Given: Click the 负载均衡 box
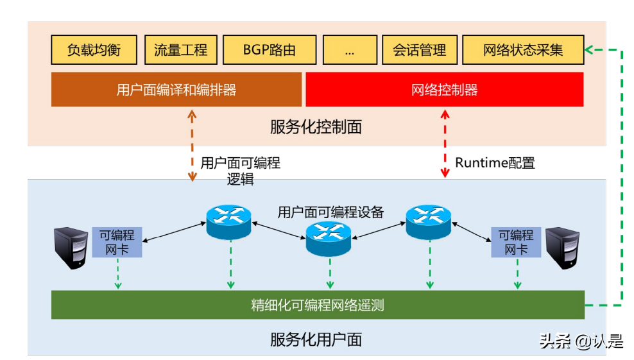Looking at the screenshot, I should [94, 49].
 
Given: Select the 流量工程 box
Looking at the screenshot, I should [180, 49].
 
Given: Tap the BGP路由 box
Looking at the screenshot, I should [270, 49].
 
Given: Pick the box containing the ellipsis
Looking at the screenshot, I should [349, 49].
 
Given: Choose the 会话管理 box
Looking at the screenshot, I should [419, 49].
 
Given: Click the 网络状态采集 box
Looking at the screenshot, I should [522, 49].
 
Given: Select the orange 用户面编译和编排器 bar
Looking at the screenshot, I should [176, 89].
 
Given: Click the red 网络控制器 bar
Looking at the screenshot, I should [444, 89].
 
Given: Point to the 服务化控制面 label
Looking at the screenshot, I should [316, 126].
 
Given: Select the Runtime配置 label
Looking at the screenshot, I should [495, 163].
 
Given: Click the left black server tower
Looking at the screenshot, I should [71, 248].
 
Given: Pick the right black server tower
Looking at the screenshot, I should [562, 248].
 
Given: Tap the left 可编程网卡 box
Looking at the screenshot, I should [117, 242].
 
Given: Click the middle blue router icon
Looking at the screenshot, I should [329, 237].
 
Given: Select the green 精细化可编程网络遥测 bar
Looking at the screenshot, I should [318, 305].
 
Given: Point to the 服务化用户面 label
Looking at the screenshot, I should [316, 339].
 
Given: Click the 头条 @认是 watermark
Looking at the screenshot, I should [581, 341].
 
